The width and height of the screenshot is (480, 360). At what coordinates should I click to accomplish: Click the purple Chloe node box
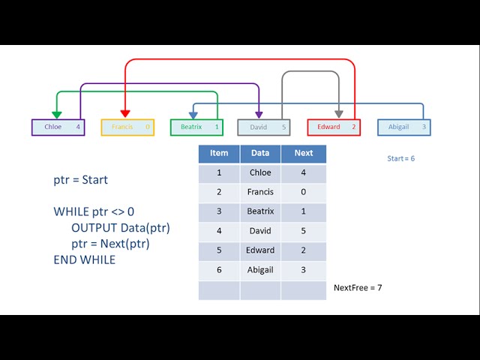tap(58, 127)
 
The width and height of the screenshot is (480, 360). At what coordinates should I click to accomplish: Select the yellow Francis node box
tap(127, 127)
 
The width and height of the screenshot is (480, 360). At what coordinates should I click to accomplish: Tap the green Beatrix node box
tap(196, 127)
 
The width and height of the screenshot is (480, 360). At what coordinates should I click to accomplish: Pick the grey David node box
tap(264, 127)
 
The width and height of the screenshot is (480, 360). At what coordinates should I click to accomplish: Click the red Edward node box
tap(334, 127)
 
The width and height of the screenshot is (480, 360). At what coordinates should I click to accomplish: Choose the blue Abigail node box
tap(403, 127)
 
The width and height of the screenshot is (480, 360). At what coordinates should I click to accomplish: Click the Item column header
tap(219, 153)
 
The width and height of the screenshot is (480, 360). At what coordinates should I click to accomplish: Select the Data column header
tap(260, 153)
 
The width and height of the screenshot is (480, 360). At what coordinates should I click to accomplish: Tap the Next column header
tap(304, 153)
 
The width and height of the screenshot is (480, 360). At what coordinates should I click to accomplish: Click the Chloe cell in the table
tap(260, 172)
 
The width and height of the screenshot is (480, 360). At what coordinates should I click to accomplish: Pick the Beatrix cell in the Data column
tap(260, 211)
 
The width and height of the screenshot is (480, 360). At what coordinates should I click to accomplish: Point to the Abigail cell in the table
tap(260, 270)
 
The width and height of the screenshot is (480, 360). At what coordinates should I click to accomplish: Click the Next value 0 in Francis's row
tap(304, 192)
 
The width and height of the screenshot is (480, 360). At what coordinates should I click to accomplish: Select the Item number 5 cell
tap(219, 250)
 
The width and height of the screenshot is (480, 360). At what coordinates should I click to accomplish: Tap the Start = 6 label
tap(400, 159)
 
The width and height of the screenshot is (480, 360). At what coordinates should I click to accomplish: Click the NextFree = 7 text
tap(358, 287)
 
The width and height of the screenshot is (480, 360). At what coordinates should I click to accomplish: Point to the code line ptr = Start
tap(80, 180)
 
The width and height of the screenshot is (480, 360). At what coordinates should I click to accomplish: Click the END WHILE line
tap(84, 259)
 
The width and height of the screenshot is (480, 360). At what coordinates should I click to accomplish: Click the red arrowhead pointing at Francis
tap(124, 113)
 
